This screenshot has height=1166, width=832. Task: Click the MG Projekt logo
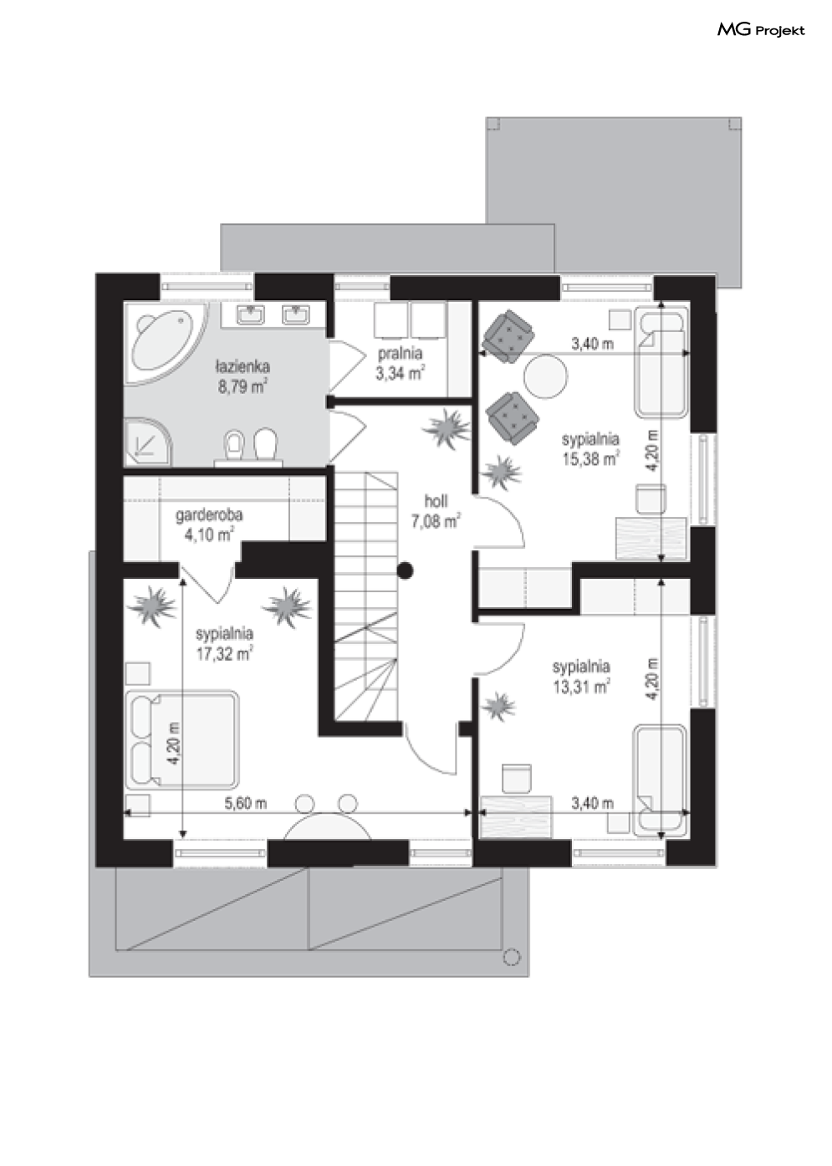[x=761, y=30]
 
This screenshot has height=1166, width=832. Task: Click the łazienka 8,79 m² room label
[x=242, y=376]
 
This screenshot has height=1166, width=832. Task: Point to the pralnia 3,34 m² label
[x=400, y=363]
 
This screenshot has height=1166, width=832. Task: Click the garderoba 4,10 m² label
[x=209, y=524]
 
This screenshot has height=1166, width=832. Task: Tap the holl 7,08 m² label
[x=436, y=511]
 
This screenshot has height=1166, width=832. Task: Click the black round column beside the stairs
[x=405, y=571]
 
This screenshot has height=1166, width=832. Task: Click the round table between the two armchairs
[x=545, y=376]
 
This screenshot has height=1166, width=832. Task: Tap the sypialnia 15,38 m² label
[x=590, y=448]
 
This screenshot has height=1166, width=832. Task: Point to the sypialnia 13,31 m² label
[x=581, y=677]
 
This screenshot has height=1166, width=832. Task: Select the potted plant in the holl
[x=447, y=429]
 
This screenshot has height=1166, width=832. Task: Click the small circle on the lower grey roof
[x=512, y=957]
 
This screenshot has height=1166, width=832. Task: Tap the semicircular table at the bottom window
[x=328, y=826]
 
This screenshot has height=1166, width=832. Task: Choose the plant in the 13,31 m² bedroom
[x=498, y=707]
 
